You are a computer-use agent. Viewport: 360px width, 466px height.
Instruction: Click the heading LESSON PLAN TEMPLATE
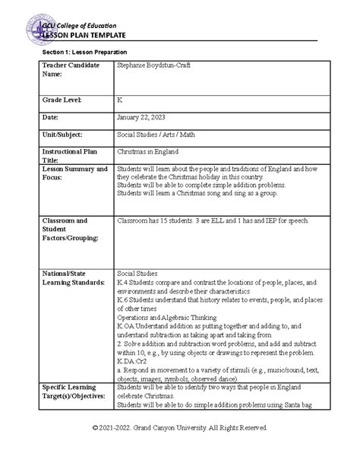[86, 35]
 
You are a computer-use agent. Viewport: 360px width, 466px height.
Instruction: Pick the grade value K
[119, 100]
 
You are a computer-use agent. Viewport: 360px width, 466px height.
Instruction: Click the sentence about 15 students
[212, 220]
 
